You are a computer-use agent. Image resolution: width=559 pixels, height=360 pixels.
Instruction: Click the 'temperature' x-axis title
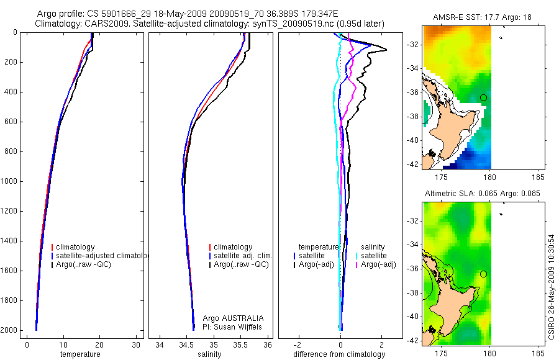[x=80, y=354]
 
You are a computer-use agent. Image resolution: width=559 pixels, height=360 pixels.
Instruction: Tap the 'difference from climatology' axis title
[x=340, y=354]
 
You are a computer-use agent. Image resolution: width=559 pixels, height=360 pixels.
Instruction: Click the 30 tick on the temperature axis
[x=135, y=345]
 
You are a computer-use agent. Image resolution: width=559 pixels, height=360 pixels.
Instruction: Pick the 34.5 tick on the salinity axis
[x=186, y=345]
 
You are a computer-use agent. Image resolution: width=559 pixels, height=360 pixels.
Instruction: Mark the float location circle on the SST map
[x=484, y=97]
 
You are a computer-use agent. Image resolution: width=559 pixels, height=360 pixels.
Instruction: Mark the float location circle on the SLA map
[x=484, y=274]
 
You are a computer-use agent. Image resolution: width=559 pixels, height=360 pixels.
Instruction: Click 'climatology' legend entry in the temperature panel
[x=75, y=247]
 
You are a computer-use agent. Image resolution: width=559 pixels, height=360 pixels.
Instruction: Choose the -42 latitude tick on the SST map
[x=412, y=164]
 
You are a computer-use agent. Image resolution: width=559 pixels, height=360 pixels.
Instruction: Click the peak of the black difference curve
[x=386, y=50]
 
